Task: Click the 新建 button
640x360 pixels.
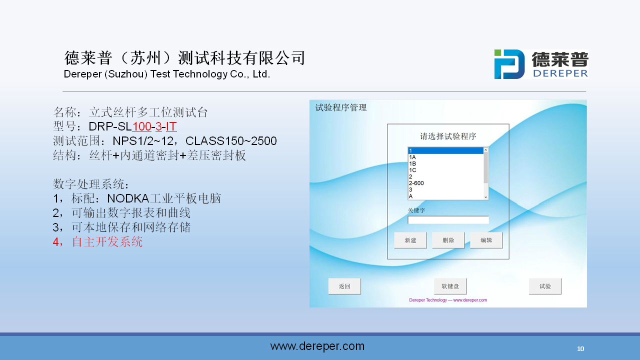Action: [410, 240]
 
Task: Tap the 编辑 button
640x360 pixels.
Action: [486, 240]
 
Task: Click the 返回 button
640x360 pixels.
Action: [344, 286]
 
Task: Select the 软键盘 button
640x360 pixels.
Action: [450, 286]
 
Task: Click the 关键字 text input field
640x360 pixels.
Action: [448, 220]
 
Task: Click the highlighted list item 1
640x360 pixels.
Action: [445, 150]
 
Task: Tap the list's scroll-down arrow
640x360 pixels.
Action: [485, 197]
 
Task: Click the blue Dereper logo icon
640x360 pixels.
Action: [509, 64]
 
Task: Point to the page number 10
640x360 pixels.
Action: [580, 349]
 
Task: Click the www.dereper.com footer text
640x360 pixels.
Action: [317, 346]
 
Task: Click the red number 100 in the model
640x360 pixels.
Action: [141, 126]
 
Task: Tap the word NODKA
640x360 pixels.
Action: [128, 198]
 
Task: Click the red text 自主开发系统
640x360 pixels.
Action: [107, 241]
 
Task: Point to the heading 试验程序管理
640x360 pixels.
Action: [341, 107]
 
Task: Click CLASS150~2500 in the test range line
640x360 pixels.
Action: [231, 141]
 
